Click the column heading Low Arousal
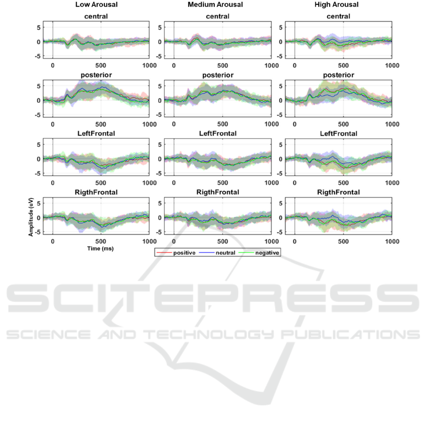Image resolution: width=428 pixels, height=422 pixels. (x=96, y=5)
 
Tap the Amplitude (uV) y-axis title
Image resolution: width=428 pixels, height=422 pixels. (x=30, y=217)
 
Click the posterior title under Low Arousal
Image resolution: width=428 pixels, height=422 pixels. (x=96, y=75)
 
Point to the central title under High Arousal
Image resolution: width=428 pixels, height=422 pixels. (x=338, y=17)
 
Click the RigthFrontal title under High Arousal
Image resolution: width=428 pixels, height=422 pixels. (x=338, y=192)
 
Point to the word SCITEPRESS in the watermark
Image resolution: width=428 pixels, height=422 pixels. (x=214, y=301)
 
